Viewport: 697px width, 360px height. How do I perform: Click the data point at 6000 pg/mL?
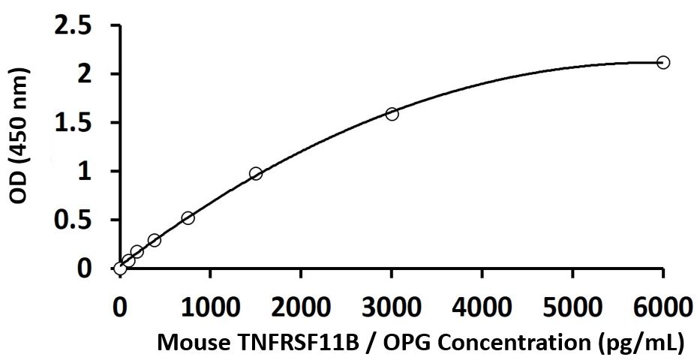[662, 62]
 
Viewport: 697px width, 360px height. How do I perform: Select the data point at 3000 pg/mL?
[392, 114]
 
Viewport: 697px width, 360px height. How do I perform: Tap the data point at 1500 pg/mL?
[256, 173]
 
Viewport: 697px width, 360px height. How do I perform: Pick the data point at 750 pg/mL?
[188, 217]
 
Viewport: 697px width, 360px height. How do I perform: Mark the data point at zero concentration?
[120, 268]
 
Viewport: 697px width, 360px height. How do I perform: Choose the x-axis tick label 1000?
[210, 308]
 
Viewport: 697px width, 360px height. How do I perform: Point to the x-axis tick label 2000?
[301, 308]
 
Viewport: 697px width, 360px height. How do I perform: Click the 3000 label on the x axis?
[392, 308]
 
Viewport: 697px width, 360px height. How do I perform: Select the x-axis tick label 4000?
[482, 308]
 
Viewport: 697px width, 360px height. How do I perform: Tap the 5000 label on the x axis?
[572, 308]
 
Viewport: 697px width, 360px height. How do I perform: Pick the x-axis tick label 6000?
[662, 308]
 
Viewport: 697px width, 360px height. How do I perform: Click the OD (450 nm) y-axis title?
[20, 136]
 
